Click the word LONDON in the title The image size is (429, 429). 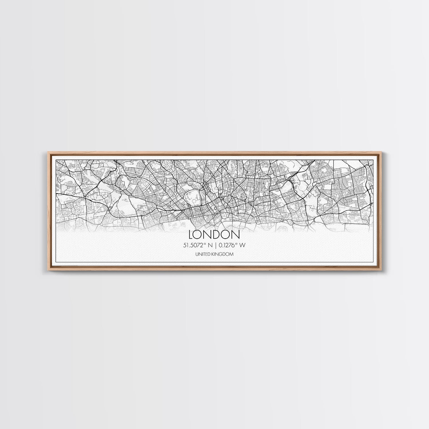tap(214, 235)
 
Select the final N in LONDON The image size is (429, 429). tap(236, 235)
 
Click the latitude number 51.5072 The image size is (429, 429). tap(196, 245)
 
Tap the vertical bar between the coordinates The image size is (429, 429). tap(216, 245)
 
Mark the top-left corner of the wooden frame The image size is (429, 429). tap(46, 152)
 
